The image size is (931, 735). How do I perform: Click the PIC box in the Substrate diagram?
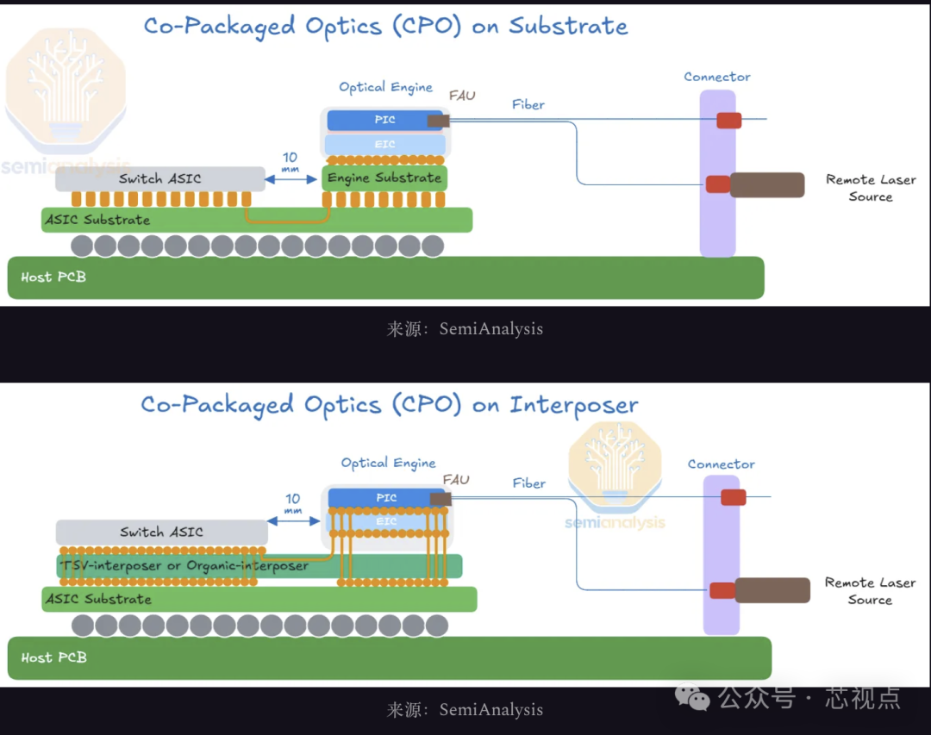pyautogui.click(x=384, y=120)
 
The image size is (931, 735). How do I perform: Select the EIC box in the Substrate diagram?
pyautogui.click(x=384, y=144)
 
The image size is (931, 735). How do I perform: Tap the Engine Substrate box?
pyautogui.click(x=384, y=178)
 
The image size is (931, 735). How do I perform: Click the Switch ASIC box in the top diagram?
pyautogui.click(x=160, y=178)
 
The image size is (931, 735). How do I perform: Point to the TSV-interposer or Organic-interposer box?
pyautogui.click(x=259, y=566)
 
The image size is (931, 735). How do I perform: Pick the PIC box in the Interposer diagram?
pyautogui.click(x=386, y=498)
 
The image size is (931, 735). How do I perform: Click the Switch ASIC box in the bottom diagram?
pyautogui.click(x=161, y=532)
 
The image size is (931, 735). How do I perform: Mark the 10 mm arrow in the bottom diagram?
pyautogui.click(x=294, y=520)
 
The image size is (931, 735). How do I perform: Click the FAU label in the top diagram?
pyautogui.click(x=462, y=96)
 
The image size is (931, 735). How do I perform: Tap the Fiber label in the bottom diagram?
pyautogui.click(x=529, y=483)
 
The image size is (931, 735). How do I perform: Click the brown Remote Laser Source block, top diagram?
pyautogui.click(x=766, y=184)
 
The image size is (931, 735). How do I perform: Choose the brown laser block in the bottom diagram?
pyautogui.click(x=772, y=590)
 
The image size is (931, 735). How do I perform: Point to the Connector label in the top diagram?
pyautogui.click(x=717, y=77)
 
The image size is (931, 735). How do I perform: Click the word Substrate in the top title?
pyautogui.click(x=568, y=26)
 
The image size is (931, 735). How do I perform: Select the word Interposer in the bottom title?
pyautogui.click(x=574, y=404)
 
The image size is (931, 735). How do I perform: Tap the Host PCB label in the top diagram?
pyautogui.click(x=53, y=277)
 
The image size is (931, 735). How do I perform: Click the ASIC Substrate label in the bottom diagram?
pyautogui.click(x=98, y=599)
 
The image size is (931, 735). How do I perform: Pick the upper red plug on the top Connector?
pyautogui.click(x=729, y=120)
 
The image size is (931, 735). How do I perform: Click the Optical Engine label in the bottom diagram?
pyautogui.click(x=389, y=464)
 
